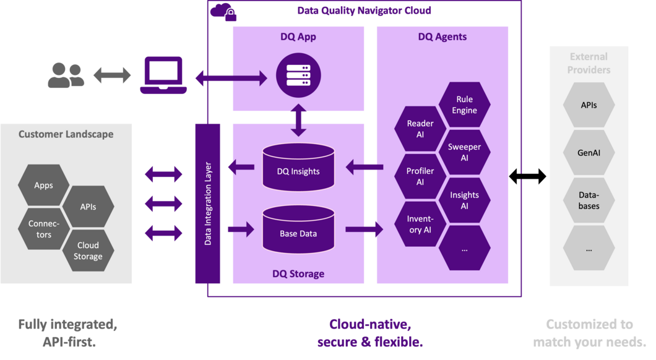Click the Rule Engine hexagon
[464, 105]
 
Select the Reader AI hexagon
[420, 129]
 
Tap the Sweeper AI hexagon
[464, 152]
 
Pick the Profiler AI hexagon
[420, 176]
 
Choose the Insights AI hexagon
[464, 200]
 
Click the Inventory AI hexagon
[420, 224]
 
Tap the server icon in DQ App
[298, 77]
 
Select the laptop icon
[163, 76]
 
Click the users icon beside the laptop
[66, 75]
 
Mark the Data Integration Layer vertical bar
[207, 203]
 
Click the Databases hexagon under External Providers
[589, 200]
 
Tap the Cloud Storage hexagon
[88, 251]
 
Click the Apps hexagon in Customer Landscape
[44, 185]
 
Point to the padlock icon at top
[231, 15]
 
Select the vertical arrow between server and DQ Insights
[299, 121]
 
